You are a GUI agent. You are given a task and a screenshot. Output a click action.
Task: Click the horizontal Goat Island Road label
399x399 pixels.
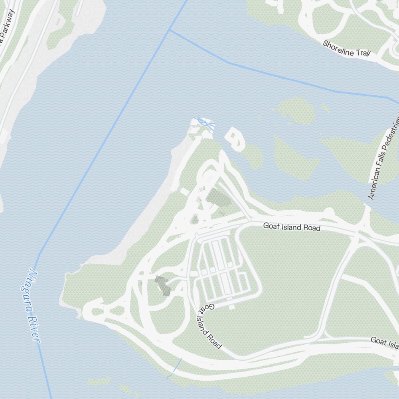(x=292, y=227)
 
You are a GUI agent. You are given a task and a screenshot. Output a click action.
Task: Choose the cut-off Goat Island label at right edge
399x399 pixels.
(x=385, y=342)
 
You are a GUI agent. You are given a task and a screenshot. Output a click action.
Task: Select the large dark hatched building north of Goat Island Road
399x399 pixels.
(x=216, y=198)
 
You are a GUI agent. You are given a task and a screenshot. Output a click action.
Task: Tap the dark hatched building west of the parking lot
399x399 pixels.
(x=163, y=284)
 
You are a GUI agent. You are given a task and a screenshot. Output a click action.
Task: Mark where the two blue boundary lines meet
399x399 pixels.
(x=170, y=30)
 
